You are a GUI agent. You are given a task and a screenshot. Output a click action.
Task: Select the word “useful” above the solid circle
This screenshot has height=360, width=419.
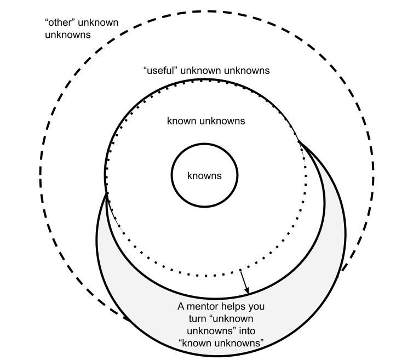(160, 71)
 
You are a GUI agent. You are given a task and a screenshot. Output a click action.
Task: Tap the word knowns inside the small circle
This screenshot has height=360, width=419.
(204, 176)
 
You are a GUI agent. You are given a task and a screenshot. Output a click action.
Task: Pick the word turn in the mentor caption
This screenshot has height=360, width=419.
(190, 318)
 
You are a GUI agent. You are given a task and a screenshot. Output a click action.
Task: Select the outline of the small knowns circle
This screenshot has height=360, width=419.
(172, 176)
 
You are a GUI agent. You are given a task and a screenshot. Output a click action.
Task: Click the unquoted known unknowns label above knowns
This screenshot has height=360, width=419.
(206, 121)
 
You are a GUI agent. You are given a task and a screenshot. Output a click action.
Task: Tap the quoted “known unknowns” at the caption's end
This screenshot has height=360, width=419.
(221, 343)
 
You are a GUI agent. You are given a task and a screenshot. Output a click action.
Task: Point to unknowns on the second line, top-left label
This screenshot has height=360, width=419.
(67, 35)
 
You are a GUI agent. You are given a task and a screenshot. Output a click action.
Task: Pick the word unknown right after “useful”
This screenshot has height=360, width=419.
(201, 71)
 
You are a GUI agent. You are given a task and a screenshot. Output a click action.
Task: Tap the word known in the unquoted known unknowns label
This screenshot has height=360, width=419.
(180, 121)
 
